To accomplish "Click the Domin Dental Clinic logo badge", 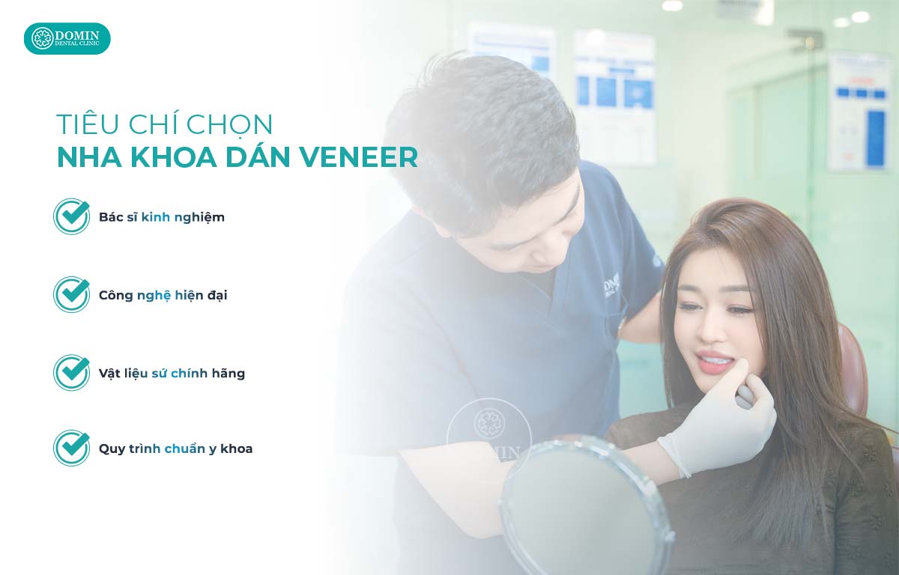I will [x=67, y=38].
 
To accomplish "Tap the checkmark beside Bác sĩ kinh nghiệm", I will [x=72, y=216].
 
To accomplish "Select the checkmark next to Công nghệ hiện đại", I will [x=72, y=294].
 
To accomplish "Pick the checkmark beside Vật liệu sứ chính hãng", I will [x=72, y=372].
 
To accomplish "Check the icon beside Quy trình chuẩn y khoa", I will [x=72, y=448].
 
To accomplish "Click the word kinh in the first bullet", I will [x=156, y=217].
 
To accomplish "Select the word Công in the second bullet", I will [x=115, y=295].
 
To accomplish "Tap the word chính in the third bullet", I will [x=190, y=372].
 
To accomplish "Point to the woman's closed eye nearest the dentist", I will [x=690, y=307].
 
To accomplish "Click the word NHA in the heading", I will [x=84, y=158].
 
